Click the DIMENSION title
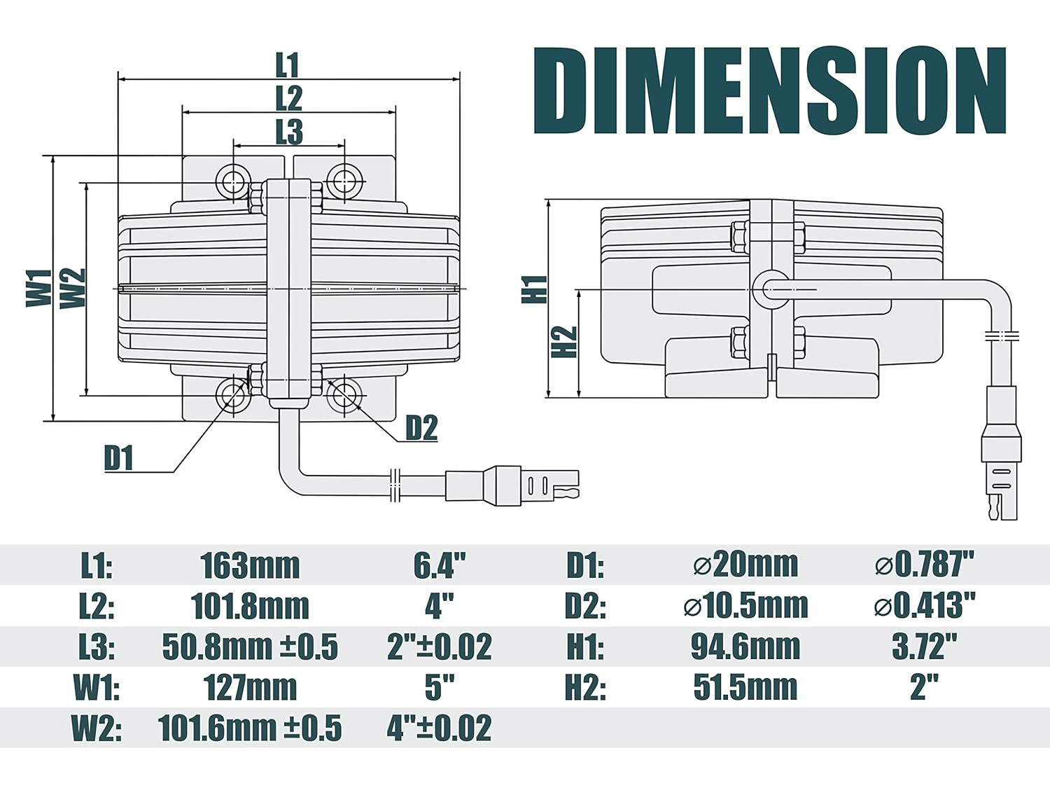pos(770,90)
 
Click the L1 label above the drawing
pos(288,65)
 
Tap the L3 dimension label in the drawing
pos(289,132)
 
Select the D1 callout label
pos(118,458)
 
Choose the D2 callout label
pos(421,428)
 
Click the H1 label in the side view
pos(534,289)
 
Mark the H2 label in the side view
pos(564,342)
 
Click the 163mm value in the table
pos(250,566)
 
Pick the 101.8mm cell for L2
pos(250,607)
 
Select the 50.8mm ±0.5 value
pos(250,647)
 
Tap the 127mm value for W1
pos(250,688)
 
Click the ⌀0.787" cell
pos(925,565)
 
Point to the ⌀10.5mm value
pos(745,606)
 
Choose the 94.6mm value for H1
pos(745,647)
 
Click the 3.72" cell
pos(925,646)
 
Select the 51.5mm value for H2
pos(745,688)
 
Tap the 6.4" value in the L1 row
pos(439,565)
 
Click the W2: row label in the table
pos(96,728)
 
